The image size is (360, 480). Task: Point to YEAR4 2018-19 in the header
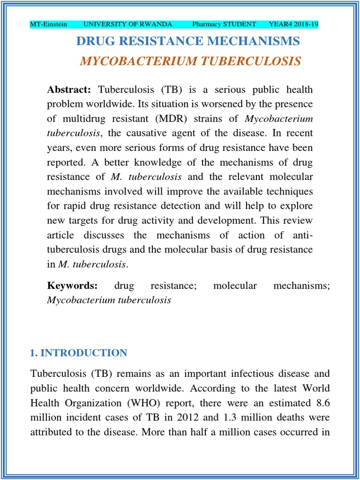point(293,24)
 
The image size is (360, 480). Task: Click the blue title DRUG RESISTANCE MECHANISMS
point(188,41)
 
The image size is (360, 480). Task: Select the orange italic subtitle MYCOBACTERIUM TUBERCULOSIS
point(190,62)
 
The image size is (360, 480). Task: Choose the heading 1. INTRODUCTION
point(78,353)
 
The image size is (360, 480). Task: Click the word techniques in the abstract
point(289,191)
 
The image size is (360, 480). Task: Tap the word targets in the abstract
point(86,220)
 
